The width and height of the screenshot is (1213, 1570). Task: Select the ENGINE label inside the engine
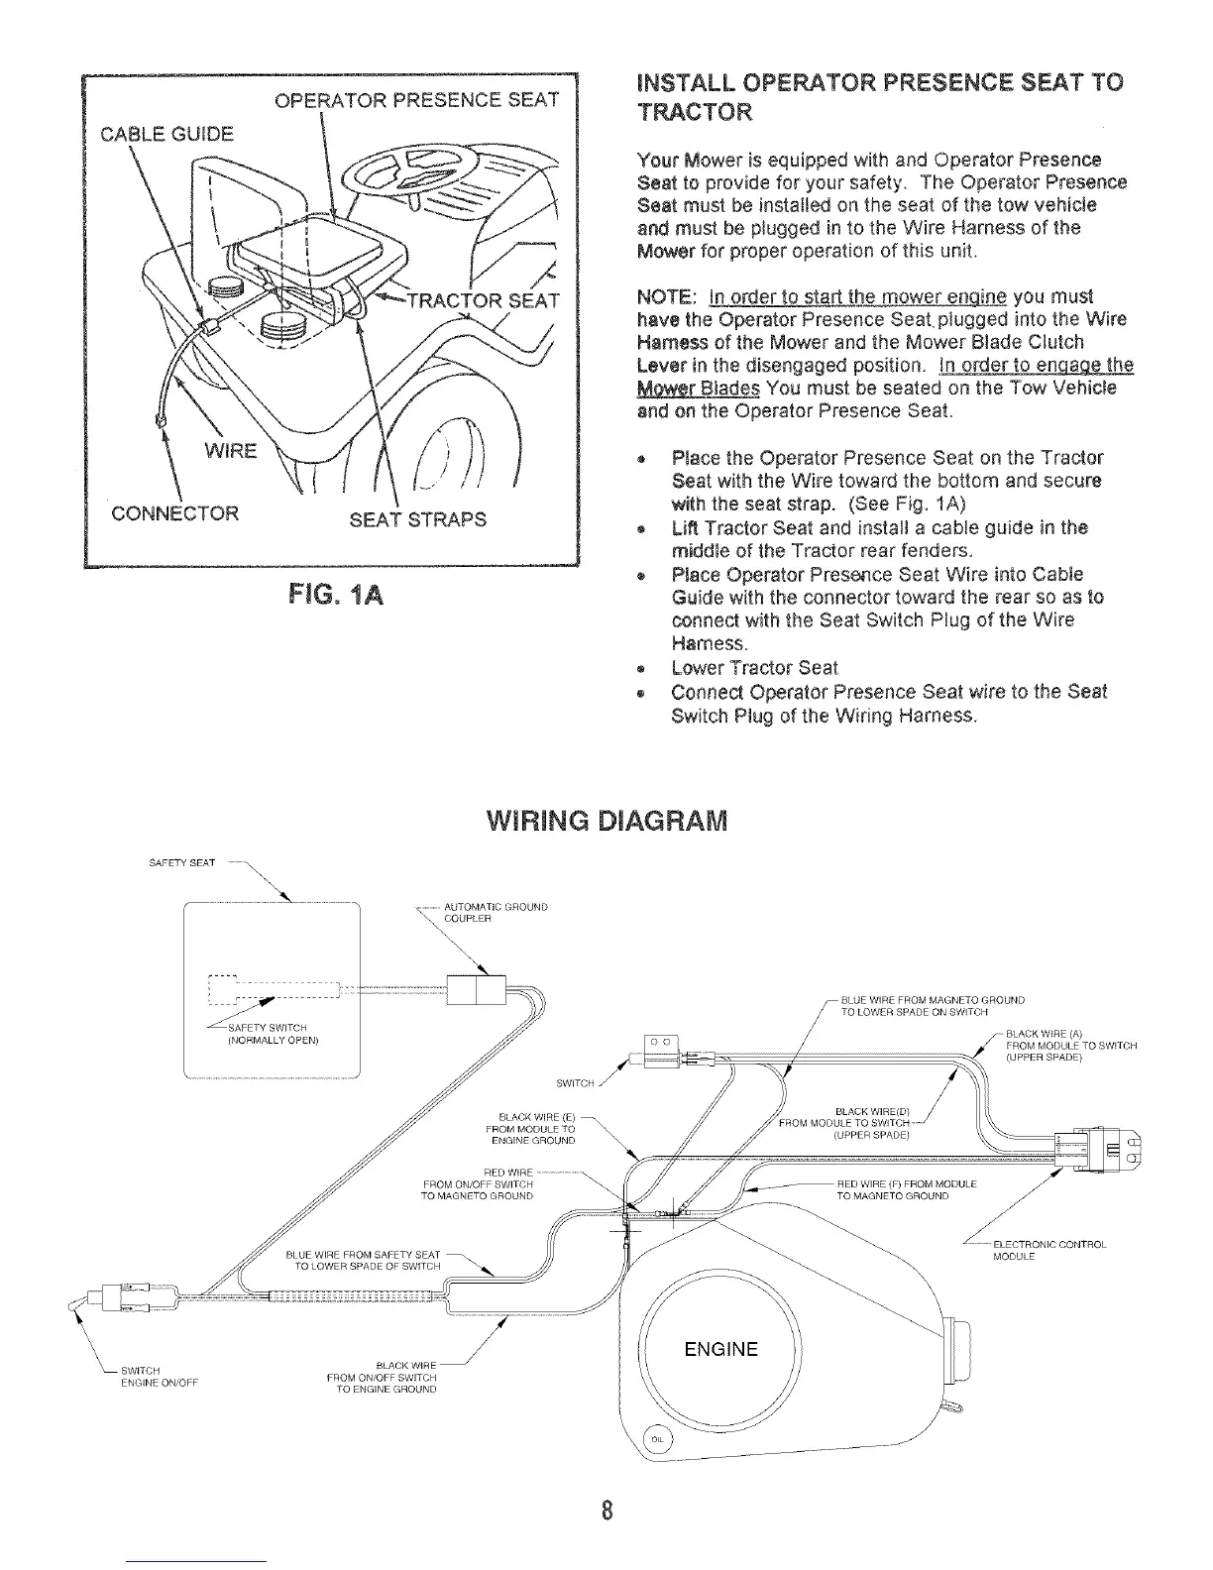[721, 1349]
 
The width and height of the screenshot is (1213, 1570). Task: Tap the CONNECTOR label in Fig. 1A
[174, 512]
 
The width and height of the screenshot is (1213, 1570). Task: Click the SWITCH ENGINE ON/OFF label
[159, 1377]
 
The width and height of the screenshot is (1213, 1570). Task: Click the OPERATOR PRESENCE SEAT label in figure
[414, 100]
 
